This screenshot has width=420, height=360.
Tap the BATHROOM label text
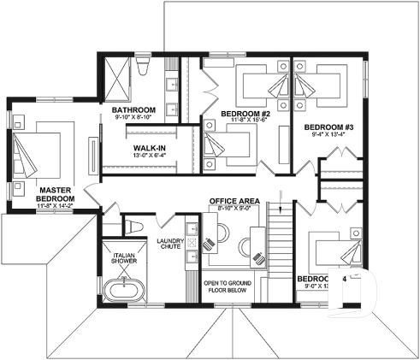tap(133, 110)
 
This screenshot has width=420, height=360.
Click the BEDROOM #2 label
tap(245, 113)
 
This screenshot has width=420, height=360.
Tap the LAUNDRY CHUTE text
tap(169, 245)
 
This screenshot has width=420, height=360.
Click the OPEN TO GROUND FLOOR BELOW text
tap(224, 286)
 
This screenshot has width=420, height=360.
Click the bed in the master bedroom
tap(36, 154)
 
